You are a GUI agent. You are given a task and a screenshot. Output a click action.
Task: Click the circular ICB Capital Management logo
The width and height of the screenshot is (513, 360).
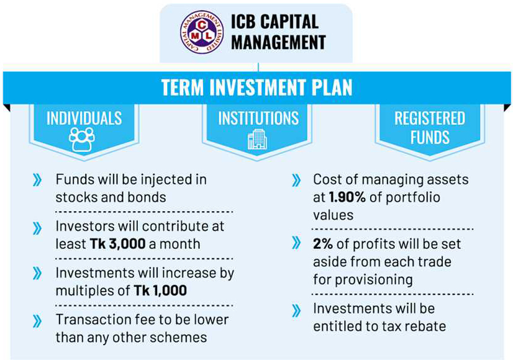click(x=202, y=33)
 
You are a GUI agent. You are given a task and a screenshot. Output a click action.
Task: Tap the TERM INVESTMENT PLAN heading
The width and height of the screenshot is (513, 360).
click(x=256, y=87)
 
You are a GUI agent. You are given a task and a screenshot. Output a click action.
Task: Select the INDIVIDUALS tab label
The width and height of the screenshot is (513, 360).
click(x=84, y=118)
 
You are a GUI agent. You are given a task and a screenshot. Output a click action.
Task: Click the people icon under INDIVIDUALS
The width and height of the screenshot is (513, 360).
click(x=83, y=140)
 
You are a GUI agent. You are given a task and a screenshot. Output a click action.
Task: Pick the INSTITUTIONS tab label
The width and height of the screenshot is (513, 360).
click(x=258, y=118)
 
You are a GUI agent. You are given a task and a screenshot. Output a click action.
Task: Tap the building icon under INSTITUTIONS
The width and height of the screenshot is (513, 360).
click(x=256, y=140)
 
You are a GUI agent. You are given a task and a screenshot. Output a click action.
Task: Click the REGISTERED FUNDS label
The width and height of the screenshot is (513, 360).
click(x=430, y=127)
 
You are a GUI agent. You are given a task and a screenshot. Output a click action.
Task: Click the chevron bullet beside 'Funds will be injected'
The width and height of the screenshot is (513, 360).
click(x=38, y=181)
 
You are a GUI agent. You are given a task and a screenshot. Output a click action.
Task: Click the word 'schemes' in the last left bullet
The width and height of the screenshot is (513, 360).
click(x=184, y=337)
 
